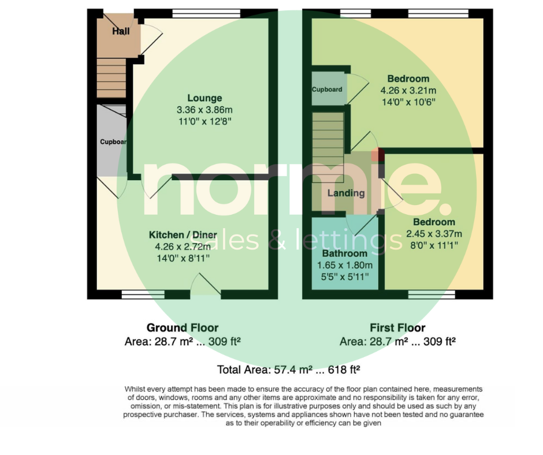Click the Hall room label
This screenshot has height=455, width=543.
point(121,31)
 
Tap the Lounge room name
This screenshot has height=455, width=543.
point(204,98)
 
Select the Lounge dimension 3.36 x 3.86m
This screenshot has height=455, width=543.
point(204,110)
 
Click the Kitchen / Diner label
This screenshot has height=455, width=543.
point(183,235)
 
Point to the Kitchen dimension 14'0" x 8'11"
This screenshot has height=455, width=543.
point(183,258)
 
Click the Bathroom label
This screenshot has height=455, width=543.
point(344,253)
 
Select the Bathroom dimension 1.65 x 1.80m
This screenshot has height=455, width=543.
point(345,265)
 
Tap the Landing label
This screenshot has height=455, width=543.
point(346,193)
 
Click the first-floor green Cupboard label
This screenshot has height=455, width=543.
point(327,89)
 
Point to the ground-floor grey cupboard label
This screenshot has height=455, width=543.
point(113,141)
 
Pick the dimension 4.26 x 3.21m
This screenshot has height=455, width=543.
point(408,91)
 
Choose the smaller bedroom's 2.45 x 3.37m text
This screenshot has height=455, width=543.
point(434,234)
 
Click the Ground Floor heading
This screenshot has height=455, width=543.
point(183,327)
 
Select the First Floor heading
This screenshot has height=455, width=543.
point(397,327)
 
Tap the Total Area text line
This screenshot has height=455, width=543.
point(288,370)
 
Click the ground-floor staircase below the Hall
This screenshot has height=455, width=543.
point(111,79)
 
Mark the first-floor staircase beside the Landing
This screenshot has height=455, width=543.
point(328,147)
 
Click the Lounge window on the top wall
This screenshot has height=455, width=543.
point(206,13)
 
